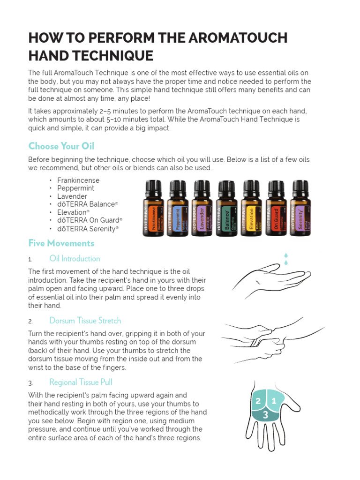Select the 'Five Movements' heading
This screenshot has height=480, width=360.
point(61,243)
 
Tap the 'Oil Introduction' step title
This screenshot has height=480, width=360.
point(75,258)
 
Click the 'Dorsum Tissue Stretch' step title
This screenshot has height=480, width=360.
point(85,321)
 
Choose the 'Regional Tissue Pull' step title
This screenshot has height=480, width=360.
point(81,382)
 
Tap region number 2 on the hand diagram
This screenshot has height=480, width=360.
point(258,401)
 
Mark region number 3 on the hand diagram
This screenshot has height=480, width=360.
point(265,414)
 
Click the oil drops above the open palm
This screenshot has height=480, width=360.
point(286,259)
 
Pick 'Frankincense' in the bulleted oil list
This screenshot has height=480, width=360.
point(78,180)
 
